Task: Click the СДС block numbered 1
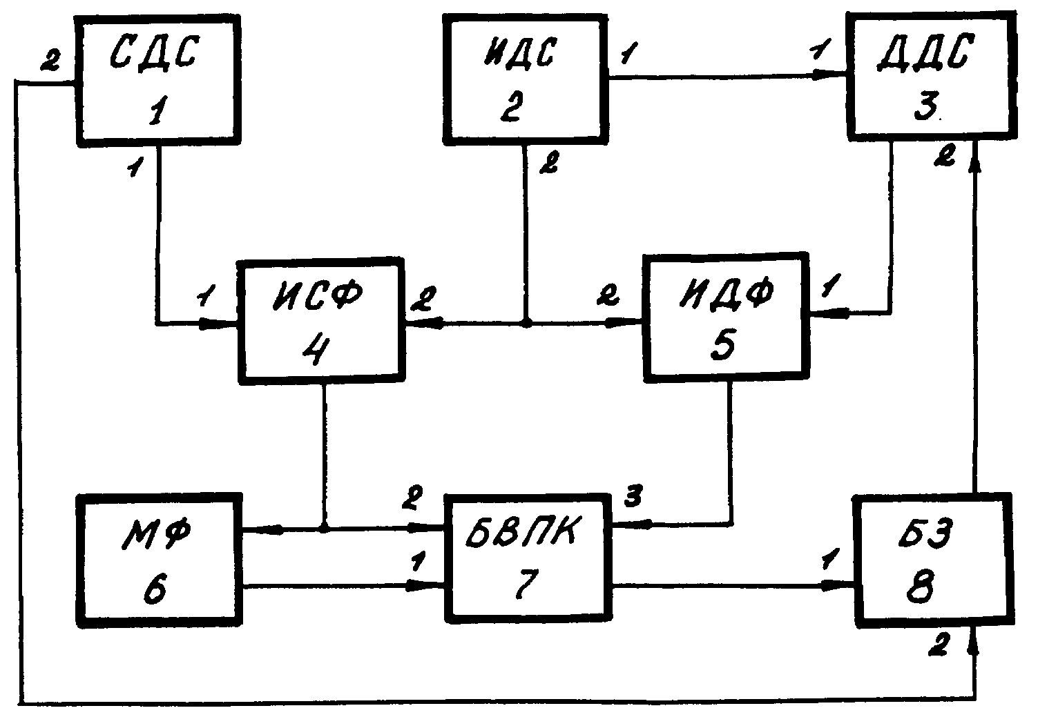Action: click(x=158, y=81)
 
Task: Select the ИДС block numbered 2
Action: click(x=525, y=79)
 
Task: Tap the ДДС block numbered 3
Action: click(x=932, y=76)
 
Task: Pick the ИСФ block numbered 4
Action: click(x=320, y=321)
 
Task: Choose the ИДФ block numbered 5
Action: click(x=726, y=317)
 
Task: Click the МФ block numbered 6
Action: click(x=159, y=560)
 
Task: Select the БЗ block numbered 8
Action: click(x=934, y=561)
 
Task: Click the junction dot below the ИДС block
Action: click(x=526, y=322)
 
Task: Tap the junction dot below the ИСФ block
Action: click(x=323, y=528)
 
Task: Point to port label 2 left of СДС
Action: click(x=50, y=60)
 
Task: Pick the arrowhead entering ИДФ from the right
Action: click(x=829, y=313)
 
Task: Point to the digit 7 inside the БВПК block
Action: click(x=527, y=584)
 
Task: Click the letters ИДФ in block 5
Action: click(x=727, y=293)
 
